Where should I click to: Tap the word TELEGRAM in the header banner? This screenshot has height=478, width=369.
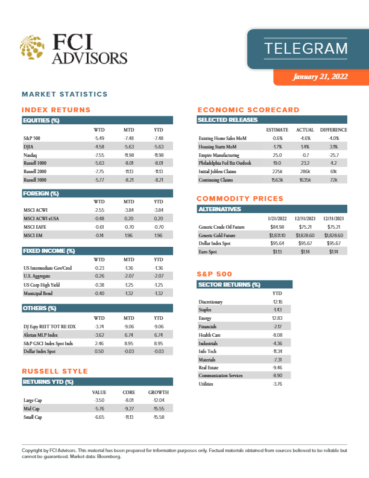point(306,48)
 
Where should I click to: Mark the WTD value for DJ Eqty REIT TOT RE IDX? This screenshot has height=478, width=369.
point(99,325)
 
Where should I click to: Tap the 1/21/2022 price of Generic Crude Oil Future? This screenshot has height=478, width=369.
point(277,227)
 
